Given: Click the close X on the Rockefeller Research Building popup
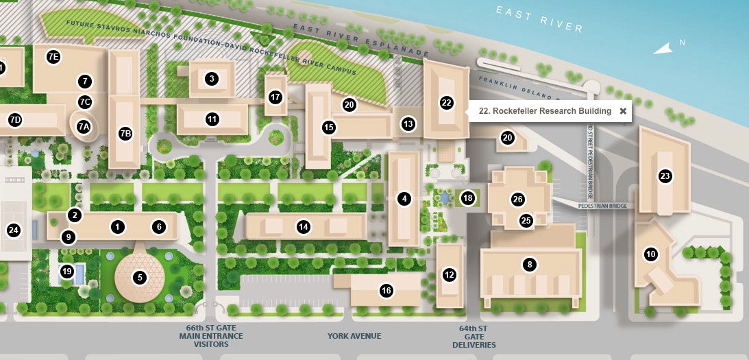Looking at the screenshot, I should pos(623,111).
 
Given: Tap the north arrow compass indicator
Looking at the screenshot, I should pos(663,48).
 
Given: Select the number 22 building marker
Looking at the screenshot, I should pos(447,103).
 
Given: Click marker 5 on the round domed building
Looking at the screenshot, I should pos(140,278).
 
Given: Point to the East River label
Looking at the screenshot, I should pos(539,21).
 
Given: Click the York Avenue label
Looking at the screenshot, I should pos(354,336).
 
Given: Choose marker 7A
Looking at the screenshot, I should pos(84,126).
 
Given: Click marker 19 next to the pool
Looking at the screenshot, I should pos(66,271).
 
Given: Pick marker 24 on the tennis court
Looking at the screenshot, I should pos(13,230).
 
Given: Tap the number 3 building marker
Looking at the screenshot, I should pos(212,79).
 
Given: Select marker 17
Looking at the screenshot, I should pos(275,97).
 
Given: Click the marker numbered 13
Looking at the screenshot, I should pos(408,124).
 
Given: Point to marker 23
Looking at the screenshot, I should pos(665,176).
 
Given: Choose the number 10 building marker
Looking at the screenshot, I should pos(651,254).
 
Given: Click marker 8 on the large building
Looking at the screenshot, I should pos(529,264).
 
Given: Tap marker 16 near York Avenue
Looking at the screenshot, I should pos(386,291).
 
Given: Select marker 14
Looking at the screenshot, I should pos(304,226).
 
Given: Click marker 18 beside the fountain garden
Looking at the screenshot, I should pos(467,198).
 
